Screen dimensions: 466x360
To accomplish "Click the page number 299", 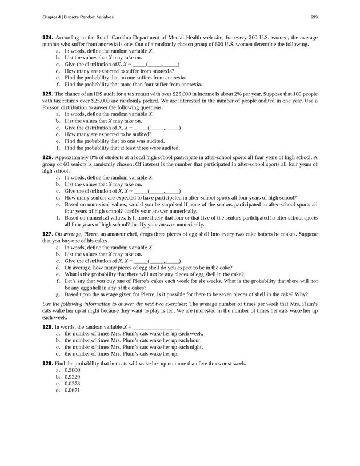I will pos(314,16).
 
